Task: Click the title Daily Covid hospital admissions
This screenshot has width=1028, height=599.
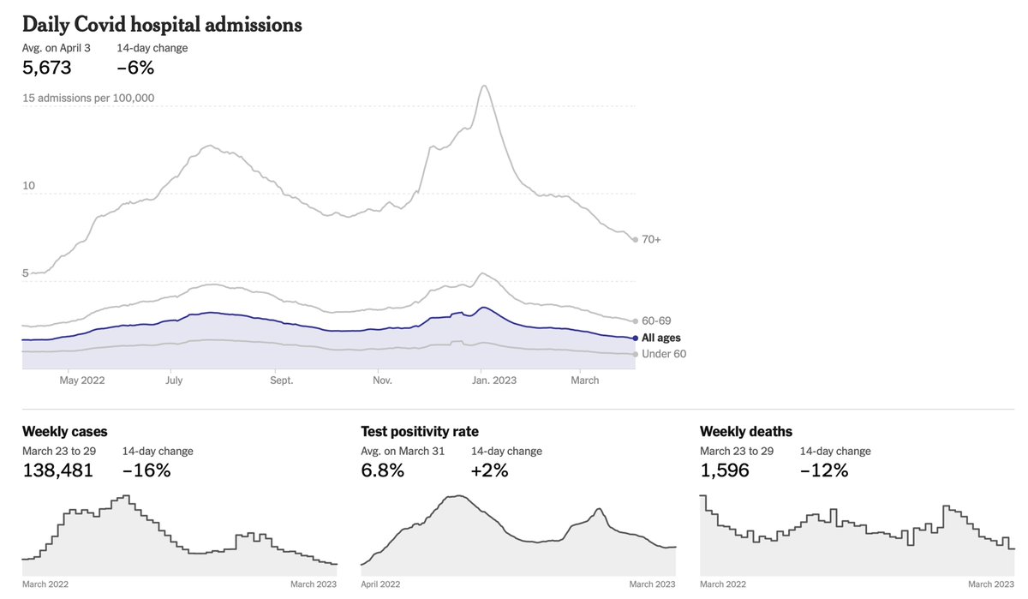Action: coord(162,25)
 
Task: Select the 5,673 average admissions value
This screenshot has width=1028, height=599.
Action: coord(47,68)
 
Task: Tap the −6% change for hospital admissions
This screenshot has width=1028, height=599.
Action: coord(135,68)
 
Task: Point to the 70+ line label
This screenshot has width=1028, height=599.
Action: coord(651,239)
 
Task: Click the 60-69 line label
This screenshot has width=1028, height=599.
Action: coord(656,320)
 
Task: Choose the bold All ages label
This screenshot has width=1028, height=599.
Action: coord(660,338)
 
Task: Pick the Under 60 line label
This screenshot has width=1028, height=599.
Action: coord(664,354)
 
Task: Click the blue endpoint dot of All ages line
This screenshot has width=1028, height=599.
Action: coord(635,338)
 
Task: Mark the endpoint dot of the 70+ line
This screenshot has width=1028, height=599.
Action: coord(635,240)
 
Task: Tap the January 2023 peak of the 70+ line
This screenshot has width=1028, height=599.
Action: coord(484,86)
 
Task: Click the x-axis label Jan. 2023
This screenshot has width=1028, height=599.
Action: coord(493,380)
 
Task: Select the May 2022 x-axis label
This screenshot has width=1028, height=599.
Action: coord(82,380)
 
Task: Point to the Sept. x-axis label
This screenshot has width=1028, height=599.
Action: coord(281,380)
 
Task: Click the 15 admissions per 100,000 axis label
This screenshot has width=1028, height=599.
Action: coord(88,98)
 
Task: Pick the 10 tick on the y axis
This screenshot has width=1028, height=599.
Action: coord(28,185)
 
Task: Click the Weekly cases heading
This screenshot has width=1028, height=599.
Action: coord(65,431)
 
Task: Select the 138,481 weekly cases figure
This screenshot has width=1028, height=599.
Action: coord(58,470)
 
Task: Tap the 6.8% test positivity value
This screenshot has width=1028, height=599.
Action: coord(382,470)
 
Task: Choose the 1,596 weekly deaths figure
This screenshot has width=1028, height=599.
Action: coord(725,470)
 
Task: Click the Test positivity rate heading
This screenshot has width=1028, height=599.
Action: coord(420,431)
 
